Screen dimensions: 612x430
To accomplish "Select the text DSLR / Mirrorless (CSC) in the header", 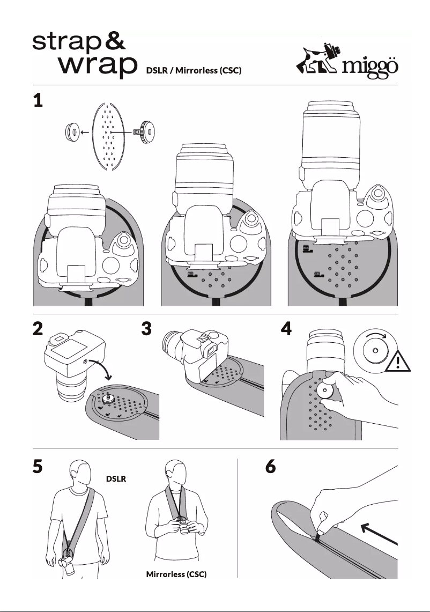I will point(190,71).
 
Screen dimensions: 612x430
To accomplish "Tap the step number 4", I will point(286,330).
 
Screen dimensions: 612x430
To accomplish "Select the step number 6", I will point(271,468).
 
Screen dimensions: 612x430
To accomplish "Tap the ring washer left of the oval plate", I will point(70,130).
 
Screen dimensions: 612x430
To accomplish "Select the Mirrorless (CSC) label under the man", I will point(176,574).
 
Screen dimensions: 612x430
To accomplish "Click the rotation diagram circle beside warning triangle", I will point(373,351).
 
